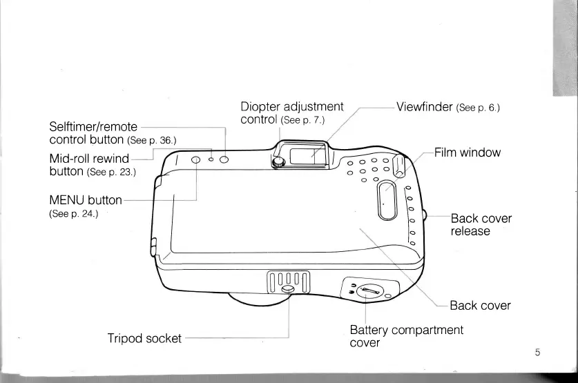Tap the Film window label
tap(466, 153)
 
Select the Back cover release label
tap(481, 224)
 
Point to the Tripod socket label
tap(144, 338)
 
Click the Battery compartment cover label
tap(406, 336)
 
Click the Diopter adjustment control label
tap(291, 113)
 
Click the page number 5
tap(537, 353)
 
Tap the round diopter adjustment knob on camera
tap(278, 162)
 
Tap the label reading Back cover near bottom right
tap(480, 306)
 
